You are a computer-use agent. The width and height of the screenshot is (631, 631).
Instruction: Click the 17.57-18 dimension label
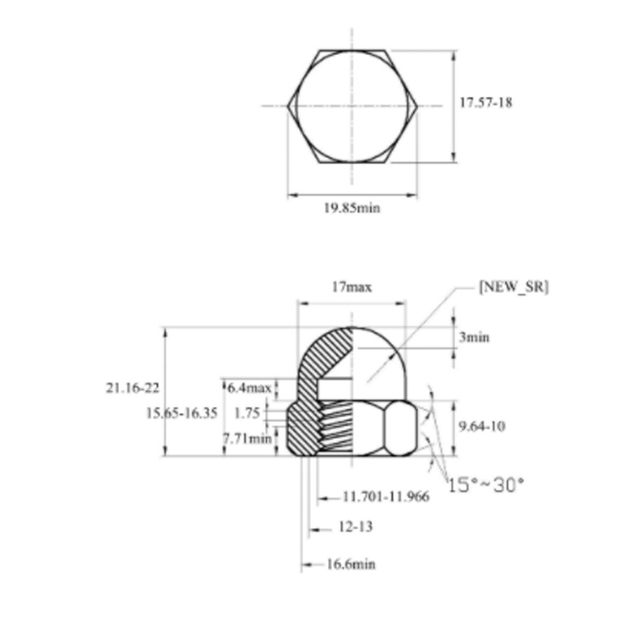coord(486,103)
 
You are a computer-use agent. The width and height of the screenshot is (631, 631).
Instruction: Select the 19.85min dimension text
coord(352,208)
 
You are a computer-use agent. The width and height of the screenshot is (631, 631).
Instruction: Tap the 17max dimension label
coord(351,288)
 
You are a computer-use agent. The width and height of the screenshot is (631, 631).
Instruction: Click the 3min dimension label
coord(473,337)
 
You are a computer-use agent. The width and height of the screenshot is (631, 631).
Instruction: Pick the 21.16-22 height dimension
coord(132,387)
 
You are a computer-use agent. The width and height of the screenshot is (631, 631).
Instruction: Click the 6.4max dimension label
coord(249,388)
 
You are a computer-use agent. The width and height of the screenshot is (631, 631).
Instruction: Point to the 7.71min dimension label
coord(247,436)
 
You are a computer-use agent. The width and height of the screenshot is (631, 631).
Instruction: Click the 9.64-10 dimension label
coord(481,427)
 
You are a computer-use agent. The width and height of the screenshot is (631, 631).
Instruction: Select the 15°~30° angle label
coord(486,484)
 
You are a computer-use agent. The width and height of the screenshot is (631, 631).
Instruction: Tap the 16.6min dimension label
coord(350,564)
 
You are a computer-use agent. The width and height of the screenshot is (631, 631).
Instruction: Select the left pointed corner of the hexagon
coord(288,106)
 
